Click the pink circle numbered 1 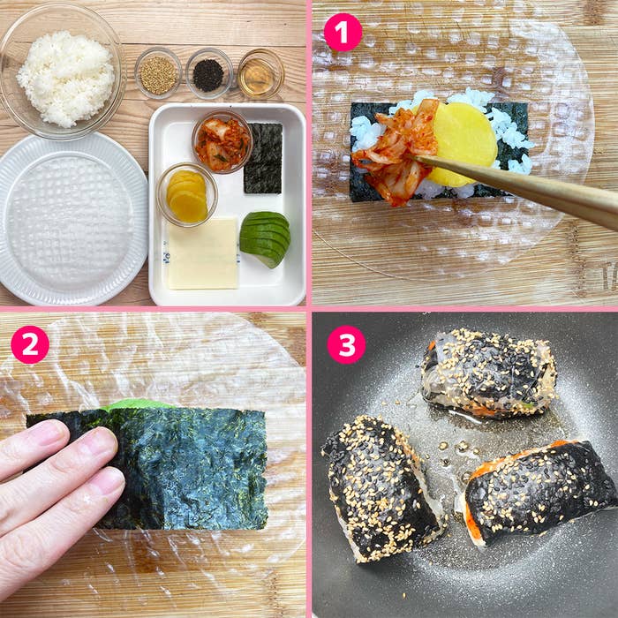point(343,33)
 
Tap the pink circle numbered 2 point(30,344)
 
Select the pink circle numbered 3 point(346,344)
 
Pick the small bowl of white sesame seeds point(158,73)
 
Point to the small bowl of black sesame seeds point(209,73)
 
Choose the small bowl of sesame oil point(260,74)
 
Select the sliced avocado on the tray point(265,237)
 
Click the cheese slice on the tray point(203,253)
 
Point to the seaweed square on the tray point(263,158)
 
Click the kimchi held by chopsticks point(395,150)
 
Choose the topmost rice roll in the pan point(488,373)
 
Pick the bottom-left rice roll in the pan point(381,486)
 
